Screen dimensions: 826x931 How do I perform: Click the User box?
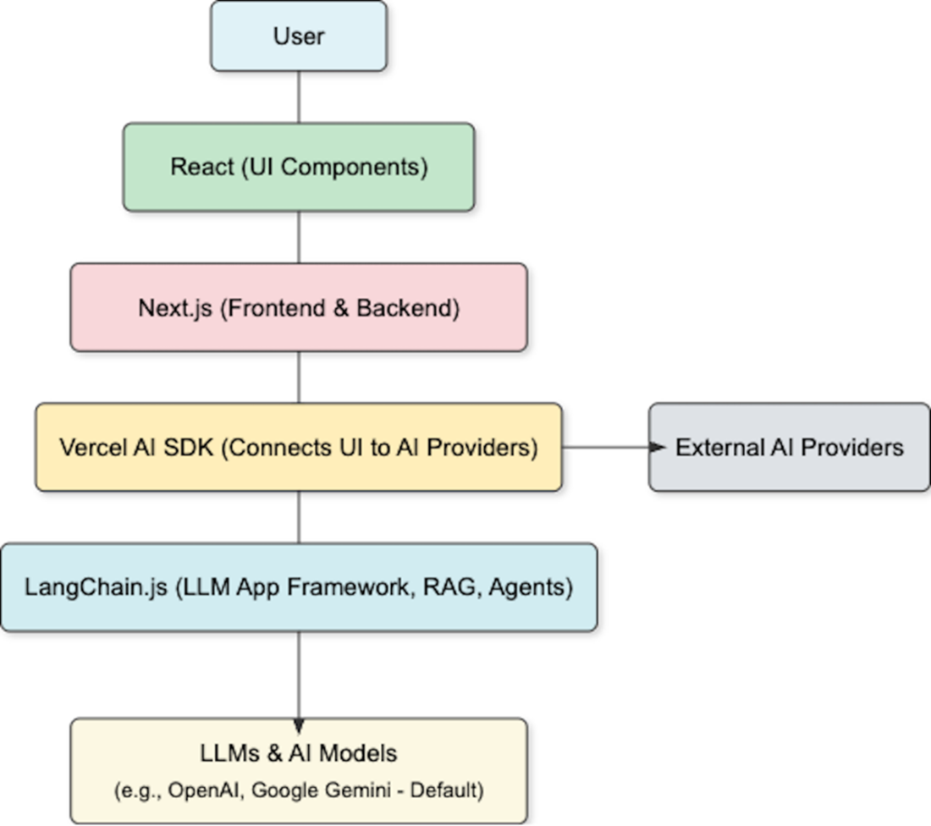point(299,36)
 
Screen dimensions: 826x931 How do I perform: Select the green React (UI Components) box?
point(299,167)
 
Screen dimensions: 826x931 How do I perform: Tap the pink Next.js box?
point(299,307)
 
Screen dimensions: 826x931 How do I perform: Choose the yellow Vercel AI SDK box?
point(299,447)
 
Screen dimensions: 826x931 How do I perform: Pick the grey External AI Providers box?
point(789,447)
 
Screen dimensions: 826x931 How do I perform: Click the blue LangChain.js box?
point(299,587)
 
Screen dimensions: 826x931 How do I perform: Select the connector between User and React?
point(299,96)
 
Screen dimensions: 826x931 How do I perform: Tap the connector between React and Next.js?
point(299,237)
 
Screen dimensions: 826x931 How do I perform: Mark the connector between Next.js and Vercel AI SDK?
point(299,377)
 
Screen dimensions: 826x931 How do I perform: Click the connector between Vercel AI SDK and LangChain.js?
point(299,517)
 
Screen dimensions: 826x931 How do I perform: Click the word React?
point(201,167)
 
